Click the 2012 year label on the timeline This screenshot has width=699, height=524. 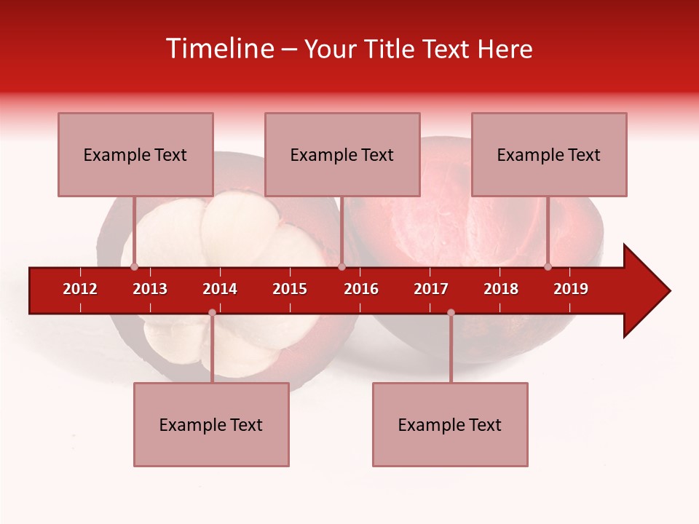[x=80, y=289]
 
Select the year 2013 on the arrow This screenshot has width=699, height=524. [x=150, y=289]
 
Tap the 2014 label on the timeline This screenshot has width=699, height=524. [x=220, y=289]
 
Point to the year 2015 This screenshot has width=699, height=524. [x=290, y=289]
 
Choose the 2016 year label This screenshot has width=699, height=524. [x=361, y=289]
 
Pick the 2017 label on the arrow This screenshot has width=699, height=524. [x=431, y=289]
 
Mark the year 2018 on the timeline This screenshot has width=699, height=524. [x=501, y=289]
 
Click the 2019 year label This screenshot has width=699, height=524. [x=571, y=289]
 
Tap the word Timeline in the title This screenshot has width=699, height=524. [x=218, y=49]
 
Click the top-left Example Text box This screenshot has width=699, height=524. [x=135, y=154]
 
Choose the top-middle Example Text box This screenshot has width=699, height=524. [x=342, y=154]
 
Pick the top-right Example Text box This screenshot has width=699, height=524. [x=549, y=154]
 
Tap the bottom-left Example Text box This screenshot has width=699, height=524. [x=211, y=424]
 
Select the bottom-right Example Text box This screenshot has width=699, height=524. [x=450, y=424]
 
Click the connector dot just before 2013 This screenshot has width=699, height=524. [x=134, y=267]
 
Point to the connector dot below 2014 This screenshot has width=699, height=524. [x=212, y=312]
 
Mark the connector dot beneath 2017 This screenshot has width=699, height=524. [x=451, y=312]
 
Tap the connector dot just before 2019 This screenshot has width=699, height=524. [x=548, y=267]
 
